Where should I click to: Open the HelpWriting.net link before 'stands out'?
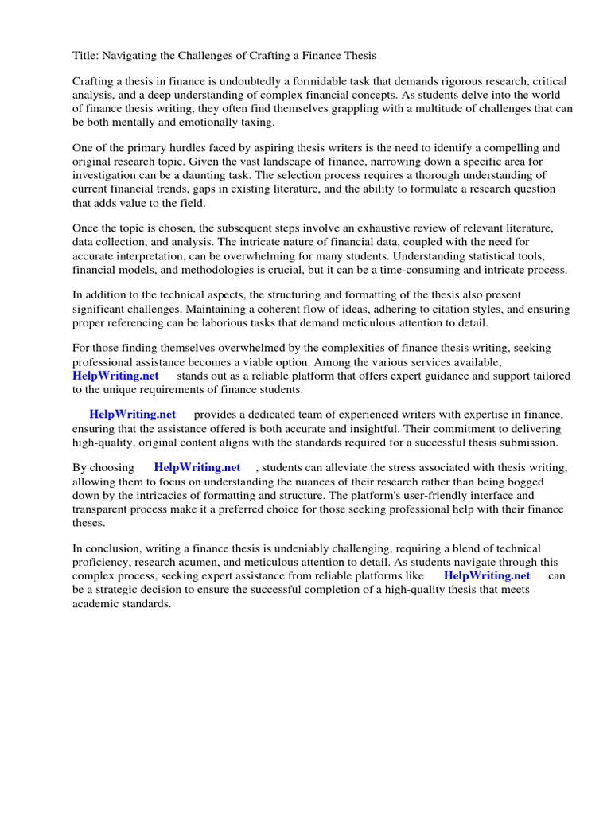[x=115, y=376]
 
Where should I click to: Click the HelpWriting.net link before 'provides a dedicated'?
[x=132, y=415]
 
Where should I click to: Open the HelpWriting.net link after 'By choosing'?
[x=197, y=467]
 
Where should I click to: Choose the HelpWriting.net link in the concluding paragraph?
[x=486, y=575]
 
